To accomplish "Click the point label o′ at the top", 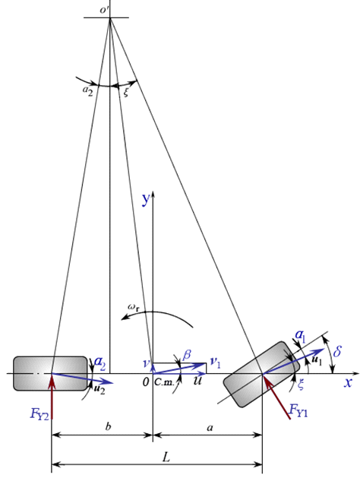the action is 105,10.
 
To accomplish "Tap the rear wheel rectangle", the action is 50,373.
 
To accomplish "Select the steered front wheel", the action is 261,374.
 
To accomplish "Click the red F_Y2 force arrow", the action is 52,396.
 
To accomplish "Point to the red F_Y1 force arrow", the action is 276,396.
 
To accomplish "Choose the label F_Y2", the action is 39,414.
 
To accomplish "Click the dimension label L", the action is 166,457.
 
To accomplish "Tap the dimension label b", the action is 108,426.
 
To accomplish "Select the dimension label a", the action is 210,428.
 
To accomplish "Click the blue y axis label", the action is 147,200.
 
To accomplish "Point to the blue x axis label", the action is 348,383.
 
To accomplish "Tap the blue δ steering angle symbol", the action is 337,352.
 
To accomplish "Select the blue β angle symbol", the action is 187,354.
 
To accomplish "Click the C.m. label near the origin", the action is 164,382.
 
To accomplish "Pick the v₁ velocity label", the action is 216,362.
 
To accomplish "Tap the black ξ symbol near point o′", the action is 126,93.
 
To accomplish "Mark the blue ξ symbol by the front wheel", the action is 300,384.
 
